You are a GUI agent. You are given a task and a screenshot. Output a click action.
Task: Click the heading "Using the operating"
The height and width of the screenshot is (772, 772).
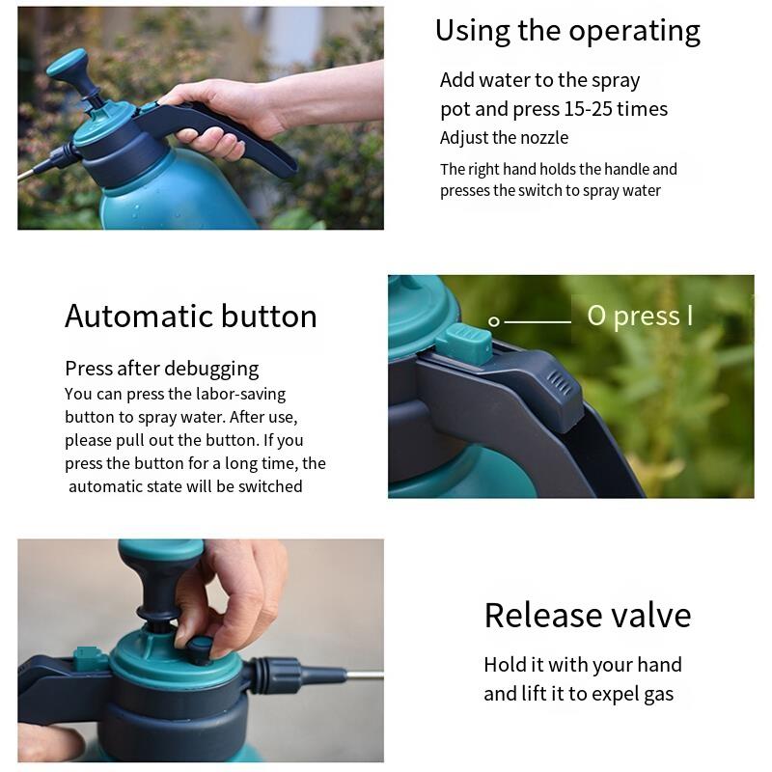[x=567, y=32]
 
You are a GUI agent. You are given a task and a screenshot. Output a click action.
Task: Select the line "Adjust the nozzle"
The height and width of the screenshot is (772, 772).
[x=504, y=138]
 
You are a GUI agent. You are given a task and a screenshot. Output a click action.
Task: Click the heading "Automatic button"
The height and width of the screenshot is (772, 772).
[x=190, y=316]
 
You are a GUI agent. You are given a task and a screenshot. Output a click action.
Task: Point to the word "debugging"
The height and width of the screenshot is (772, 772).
[x=211, y=370]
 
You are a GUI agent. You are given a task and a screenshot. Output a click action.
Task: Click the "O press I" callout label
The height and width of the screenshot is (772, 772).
[x=640, y=316]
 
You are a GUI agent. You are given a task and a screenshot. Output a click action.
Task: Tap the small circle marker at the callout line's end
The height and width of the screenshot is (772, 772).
[x=493, y=322]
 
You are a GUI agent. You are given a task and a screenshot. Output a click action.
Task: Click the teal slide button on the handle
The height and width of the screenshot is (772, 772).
[x=465, y=345]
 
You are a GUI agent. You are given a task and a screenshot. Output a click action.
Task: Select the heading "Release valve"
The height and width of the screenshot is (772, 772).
[x=588, y=615]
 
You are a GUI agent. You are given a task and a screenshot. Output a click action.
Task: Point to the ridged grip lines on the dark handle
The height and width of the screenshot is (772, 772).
[x=560, y=383]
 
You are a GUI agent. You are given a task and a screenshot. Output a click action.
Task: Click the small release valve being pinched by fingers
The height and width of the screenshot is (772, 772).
[x=200, y=648]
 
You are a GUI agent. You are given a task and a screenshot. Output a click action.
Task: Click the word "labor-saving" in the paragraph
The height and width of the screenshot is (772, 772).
[x=240, y=395]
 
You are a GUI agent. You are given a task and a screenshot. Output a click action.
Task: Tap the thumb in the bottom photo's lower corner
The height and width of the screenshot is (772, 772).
[x=48, y=741]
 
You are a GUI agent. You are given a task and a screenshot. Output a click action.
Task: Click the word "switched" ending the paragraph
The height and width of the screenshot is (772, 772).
[x=270, y=486]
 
